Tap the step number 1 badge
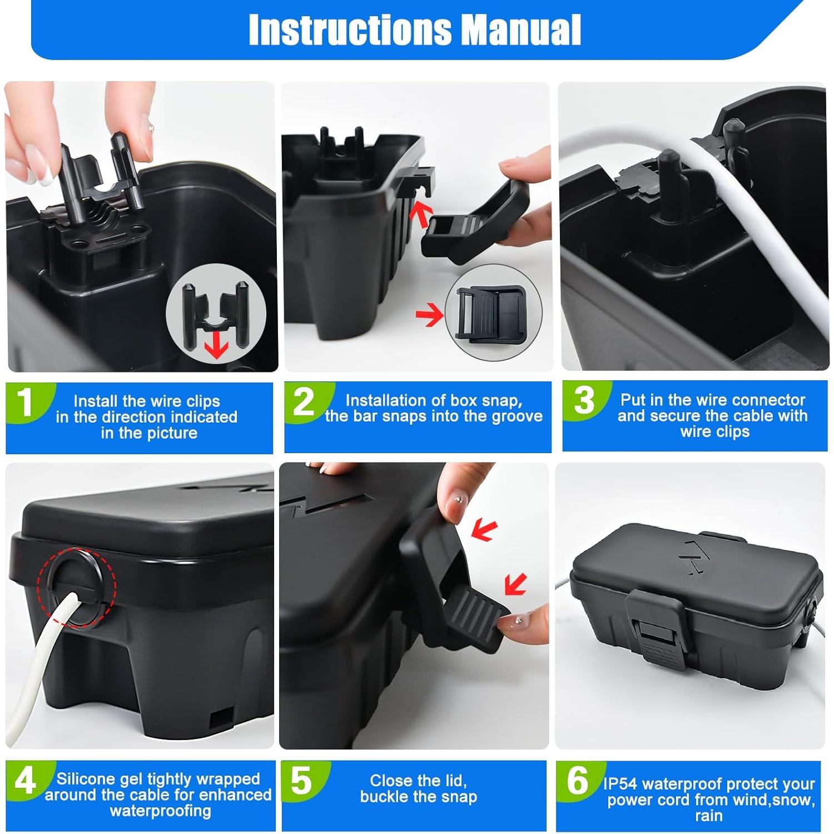pos(25,401)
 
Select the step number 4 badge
pos(25,781)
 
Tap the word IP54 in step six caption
pos(620,784)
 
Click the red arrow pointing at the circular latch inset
pos(429,315)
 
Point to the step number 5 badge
pos(301,781)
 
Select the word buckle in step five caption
pos(385,797)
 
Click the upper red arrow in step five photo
pos(483,530)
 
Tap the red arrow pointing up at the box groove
pos(420,214)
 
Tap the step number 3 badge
pos(584,400)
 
